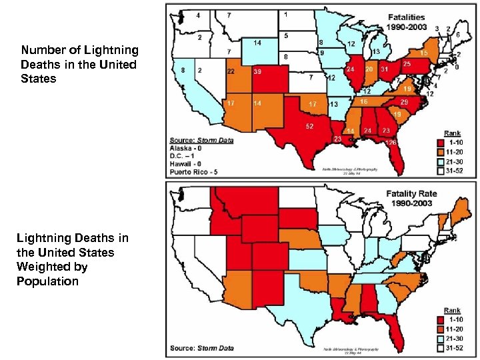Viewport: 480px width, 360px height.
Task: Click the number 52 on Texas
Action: click(x=310, y=126)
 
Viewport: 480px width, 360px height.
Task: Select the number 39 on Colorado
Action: click(x=257, y=71)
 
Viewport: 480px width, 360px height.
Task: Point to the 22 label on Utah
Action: click(x=231, y=71)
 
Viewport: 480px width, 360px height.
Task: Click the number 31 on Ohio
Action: click(x=385, y=69)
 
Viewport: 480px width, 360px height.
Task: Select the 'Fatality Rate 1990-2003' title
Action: click(x=411, y=197)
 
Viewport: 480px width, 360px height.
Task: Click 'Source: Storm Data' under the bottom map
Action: click(x=201, y=348)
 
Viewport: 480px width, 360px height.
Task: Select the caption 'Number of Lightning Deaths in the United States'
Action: click(x=79, y=65)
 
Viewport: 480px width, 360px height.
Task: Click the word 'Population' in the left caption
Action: click(x=47, y=281)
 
